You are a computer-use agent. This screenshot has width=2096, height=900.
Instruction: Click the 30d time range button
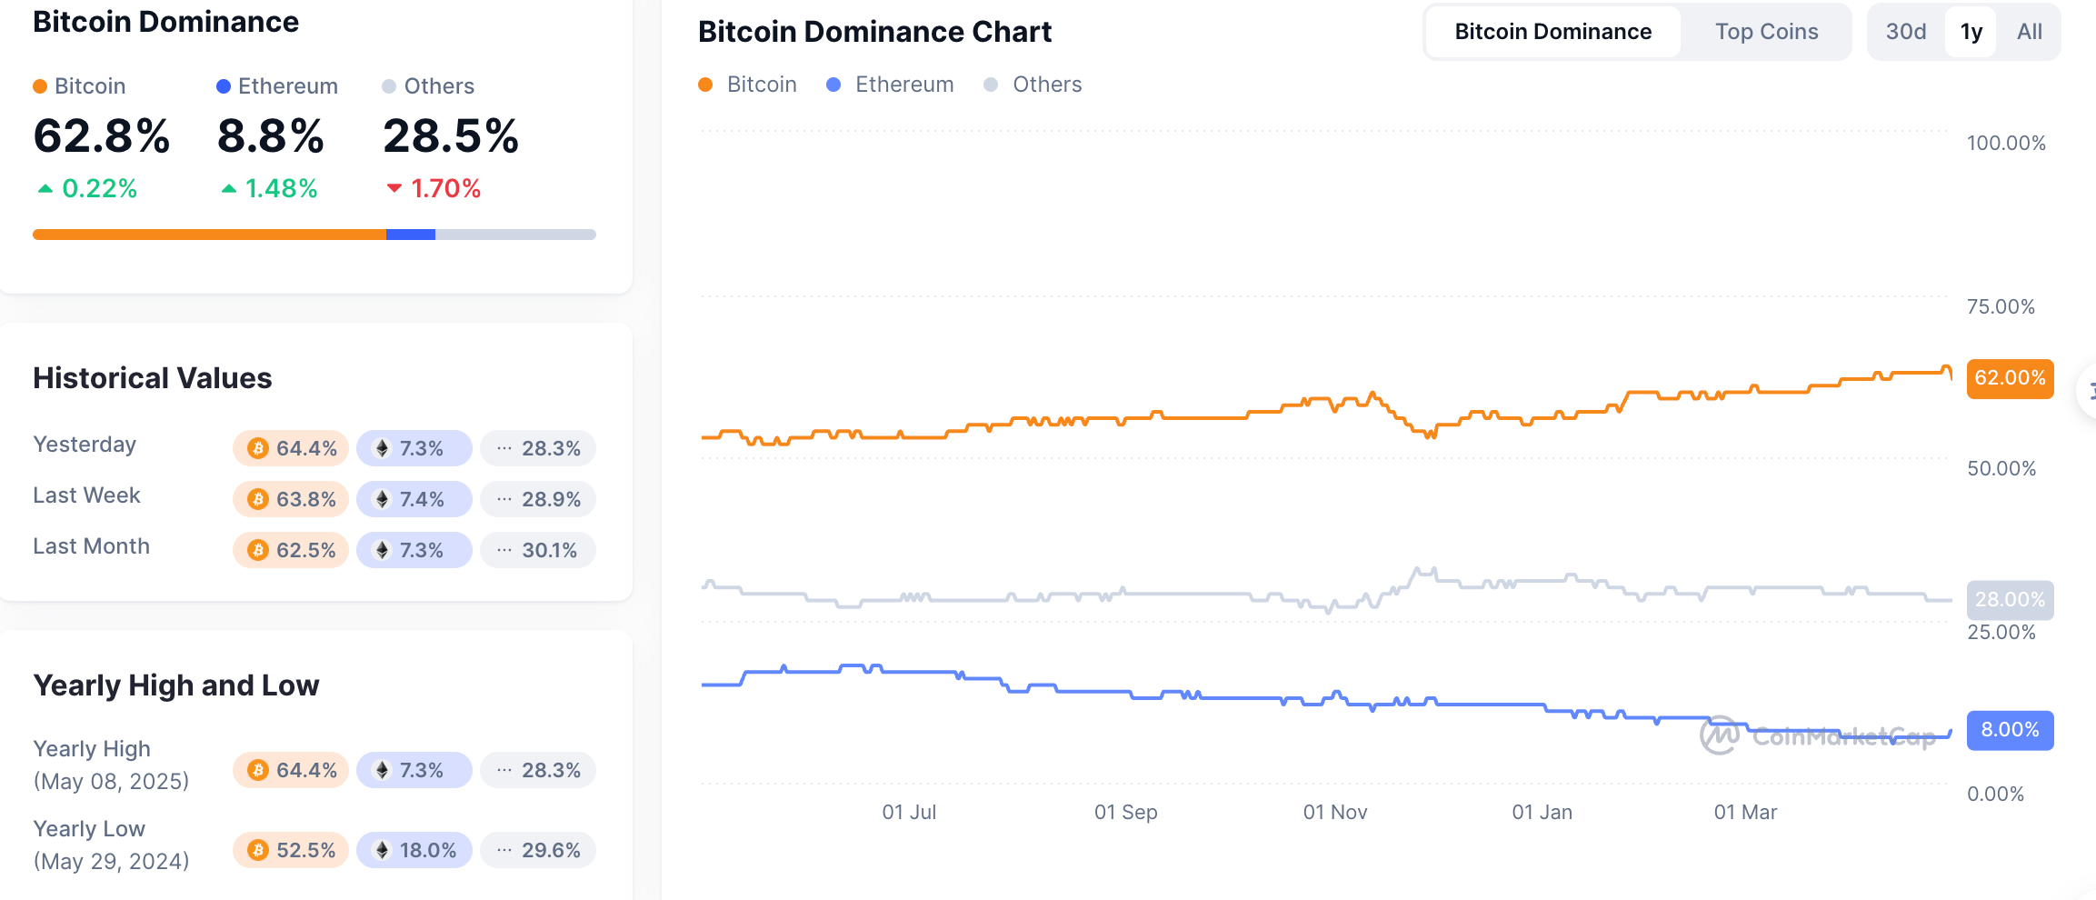(1906, 32)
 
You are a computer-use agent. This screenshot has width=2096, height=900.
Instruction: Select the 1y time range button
(1971, 32)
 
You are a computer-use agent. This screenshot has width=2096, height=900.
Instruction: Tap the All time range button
(2029, 32)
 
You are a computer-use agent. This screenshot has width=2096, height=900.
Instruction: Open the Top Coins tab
(1766, 32)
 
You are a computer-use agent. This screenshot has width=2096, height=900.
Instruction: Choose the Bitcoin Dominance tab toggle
(1552, 32)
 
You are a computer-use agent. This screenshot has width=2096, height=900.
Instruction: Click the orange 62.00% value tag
(2010, 378)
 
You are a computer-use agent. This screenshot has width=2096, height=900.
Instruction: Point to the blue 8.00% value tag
(2010, 730)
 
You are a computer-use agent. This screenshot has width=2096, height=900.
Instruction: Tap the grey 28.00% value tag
(2010, 600)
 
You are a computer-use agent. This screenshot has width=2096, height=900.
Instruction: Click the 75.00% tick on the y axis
(2001, 307)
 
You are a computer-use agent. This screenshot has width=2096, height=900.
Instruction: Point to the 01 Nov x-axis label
(1334, 813)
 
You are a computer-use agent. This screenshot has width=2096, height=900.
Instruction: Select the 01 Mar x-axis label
(1745, 813)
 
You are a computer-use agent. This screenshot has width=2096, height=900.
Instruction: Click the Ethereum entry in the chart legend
(891, 85)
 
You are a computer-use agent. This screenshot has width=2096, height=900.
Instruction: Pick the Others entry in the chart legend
(1033, 85)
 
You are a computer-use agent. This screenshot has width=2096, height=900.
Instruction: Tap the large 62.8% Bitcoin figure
(101, 136)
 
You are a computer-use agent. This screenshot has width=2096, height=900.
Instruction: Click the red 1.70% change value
(434, 189)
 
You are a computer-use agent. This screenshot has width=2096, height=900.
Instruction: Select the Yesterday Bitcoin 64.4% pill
(291, 448)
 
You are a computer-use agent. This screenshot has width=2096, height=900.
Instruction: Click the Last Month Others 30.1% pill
(538, 550)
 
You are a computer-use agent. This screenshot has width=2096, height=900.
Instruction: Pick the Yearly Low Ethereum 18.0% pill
(414, 850)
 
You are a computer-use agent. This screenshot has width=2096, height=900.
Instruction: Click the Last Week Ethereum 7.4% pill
(414, 499)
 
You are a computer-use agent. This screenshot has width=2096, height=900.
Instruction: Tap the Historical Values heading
(153, 378)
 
